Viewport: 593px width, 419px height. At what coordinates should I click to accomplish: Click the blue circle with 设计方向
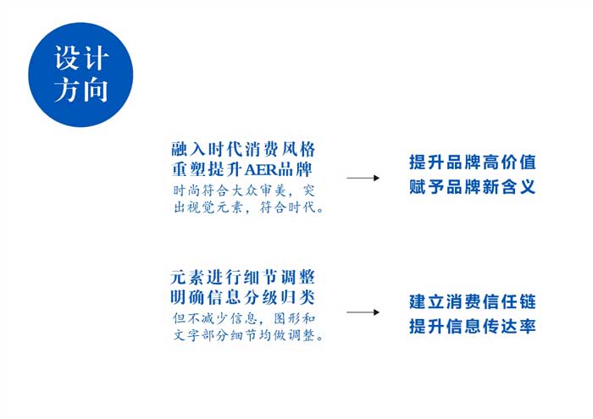(80, 74)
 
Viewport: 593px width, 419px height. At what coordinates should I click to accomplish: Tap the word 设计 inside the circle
(81, 58)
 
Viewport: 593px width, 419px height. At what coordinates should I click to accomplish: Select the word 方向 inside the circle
(81, 90)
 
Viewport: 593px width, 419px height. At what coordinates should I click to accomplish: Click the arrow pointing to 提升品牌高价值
(363, 178)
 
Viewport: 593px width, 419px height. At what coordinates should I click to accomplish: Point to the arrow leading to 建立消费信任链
(363, 312)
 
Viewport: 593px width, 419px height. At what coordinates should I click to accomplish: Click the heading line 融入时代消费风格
(243, 150)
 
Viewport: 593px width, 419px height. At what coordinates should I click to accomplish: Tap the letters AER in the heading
(261, 170)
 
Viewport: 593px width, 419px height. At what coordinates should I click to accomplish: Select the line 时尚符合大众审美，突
(244, 190)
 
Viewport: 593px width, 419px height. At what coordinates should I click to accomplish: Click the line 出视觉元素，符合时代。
(248, 207)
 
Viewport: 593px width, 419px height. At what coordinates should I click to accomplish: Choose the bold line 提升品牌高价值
(473, 162)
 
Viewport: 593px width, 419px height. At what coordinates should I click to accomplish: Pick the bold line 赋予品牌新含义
(473, 186)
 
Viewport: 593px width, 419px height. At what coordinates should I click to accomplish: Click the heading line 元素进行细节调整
(243, 278)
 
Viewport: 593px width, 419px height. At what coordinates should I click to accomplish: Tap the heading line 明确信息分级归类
(243, 297)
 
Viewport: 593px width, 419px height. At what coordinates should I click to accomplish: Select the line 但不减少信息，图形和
(244, 318)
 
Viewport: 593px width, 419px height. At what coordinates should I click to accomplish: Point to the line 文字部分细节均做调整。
(248, 335)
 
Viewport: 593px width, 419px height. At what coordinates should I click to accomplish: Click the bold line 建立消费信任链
(473, 302)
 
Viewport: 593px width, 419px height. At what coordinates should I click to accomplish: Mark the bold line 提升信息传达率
(473, 326)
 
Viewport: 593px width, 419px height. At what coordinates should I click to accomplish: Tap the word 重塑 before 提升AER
(189, 169)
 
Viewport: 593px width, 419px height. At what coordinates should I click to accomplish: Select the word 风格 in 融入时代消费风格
(298, 150)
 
